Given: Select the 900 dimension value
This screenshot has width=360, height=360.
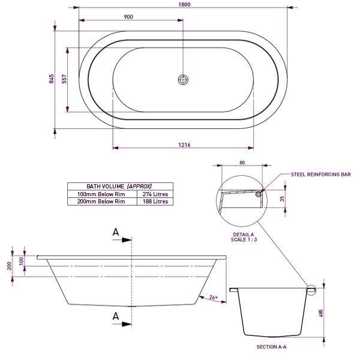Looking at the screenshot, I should [x=128, y=17].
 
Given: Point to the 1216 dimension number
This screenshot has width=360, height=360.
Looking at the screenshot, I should [x=184, y=145].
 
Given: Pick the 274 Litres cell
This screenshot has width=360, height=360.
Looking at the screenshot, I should [x=155, y=194].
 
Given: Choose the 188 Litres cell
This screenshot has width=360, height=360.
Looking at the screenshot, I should [x=155, y=202].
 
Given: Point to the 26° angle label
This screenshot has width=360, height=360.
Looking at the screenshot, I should [x=213, y=297].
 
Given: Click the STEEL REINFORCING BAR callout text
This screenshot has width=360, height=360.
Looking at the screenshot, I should [x=320, y=174].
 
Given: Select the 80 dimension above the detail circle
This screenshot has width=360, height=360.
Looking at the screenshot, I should [x=242, y=162].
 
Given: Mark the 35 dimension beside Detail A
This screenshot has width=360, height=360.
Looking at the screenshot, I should [x=282, y=200].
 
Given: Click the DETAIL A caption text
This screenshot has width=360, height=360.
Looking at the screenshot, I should [x=244, y=234].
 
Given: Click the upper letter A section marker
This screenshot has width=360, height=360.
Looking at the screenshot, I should [x=116, y=232].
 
